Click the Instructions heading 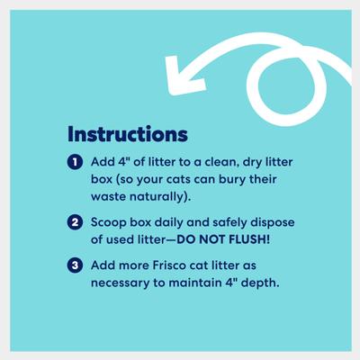127,134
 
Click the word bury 242,178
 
